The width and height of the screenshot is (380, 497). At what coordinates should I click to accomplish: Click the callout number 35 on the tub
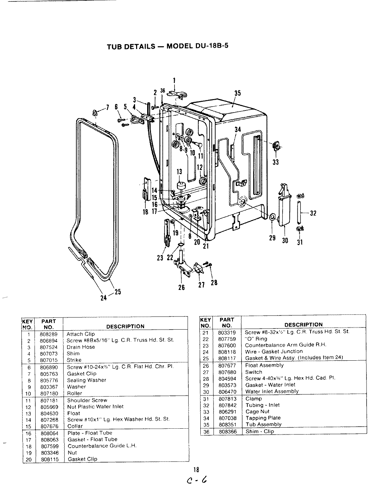(237, 93)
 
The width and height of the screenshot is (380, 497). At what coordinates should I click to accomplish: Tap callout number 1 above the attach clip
(174, 81)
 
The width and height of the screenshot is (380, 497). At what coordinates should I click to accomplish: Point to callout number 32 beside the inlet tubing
(313, 213)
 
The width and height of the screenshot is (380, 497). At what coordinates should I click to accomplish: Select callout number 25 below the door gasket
(117, 292)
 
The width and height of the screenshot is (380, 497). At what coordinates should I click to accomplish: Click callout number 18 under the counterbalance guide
(145, 212)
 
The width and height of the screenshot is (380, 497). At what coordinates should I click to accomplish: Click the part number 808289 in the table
(48, 334)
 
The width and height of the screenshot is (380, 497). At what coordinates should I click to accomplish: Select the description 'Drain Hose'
(81, 347)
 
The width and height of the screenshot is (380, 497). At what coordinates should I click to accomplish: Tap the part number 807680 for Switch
(227, 372)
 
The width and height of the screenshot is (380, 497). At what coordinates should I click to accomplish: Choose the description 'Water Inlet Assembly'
(272, 391)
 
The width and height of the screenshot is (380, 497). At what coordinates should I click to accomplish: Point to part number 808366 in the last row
(227, 431)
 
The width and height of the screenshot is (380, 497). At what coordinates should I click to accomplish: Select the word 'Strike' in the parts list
(74, 360)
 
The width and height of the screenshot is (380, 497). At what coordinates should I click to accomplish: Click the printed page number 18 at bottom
(196, 469)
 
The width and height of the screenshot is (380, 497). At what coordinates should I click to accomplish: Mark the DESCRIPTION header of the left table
(125, 327)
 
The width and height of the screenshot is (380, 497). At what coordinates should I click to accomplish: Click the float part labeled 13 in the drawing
(180, 185)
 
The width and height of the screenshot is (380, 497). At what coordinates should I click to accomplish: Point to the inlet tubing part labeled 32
(299, 213)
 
